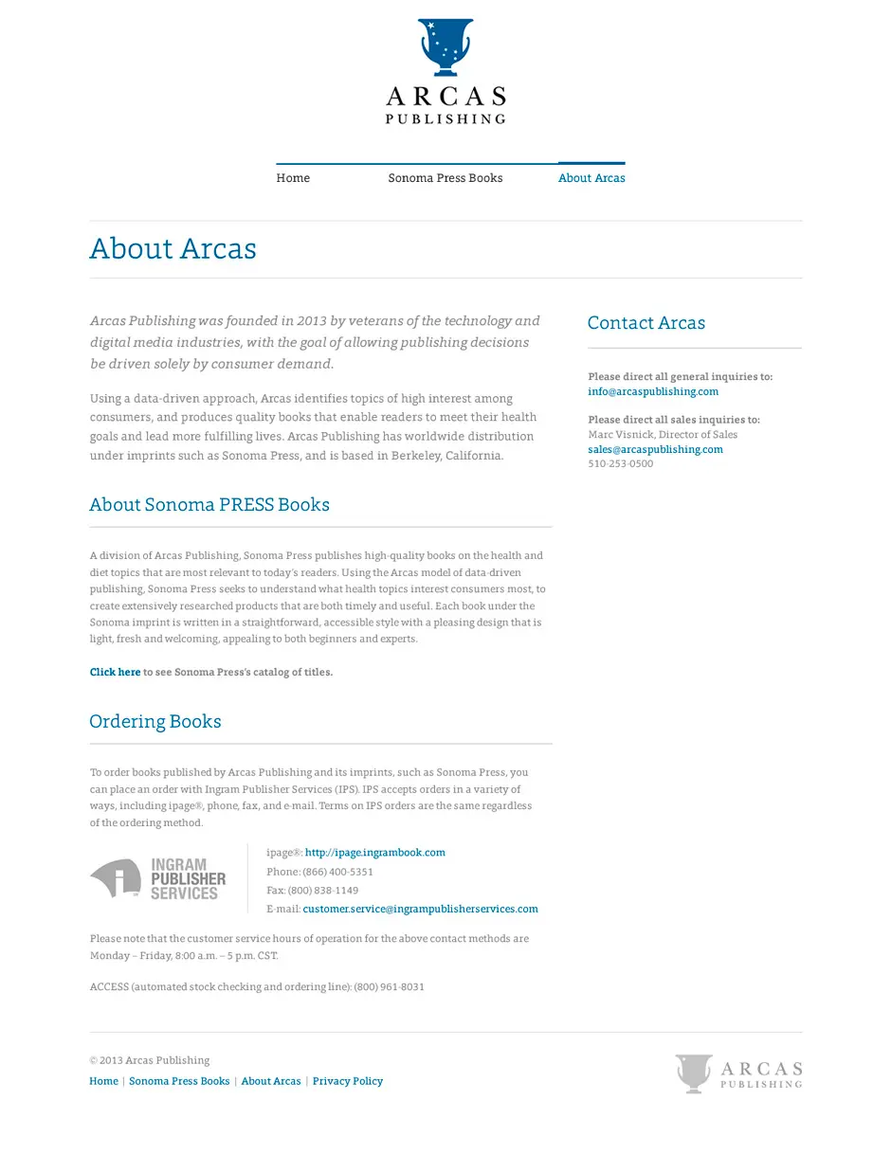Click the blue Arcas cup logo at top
[x=445, y=47]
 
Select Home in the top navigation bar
[x=293, y=178]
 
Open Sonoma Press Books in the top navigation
[x=445, y=178]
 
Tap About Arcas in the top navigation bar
[x=591, y=178]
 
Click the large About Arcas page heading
[x=173, y=248]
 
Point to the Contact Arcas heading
[x=646, y=323]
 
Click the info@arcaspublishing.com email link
[x=652, y=391]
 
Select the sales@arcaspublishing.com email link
[x=655, y=449]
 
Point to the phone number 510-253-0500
[x=620, y=464]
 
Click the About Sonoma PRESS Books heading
[x=209, y=505]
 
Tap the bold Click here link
[x=115, y=672]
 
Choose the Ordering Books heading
[x=155, y=722]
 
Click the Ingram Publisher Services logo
[x=158, y=879]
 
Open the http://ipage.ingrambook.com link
[x=374, y=853]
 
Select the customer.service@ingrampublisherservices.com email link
[x=420, y=909]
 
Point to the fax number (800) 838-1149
[x=323, y=891]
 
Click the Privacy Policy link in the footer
[x=347, y=1081]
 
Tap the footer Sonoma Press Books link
[x=179, y=1081]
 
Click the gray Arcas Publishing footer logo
[x=738, y=1074]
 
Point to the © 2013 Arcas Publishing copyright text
[x=150, y=1060]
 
